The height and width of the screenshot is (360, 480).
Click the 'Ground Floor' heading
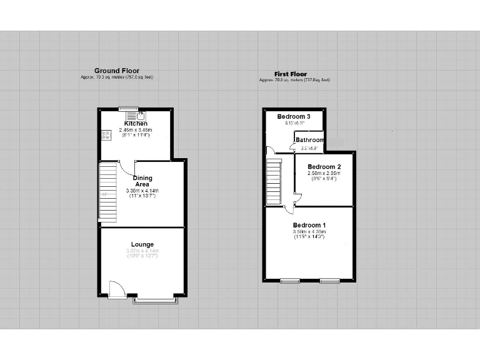click(x=117, y=71)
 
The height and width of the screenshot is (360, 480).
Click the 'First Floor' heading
click(x=291, y=74)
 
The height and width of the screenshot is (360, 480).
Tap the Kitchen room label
click(x=136, y=124)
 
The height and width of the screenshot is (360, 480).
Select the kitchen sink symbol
click(x=136, y=115)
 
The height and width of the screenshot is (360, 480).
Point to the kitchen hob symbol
click(x=104, y=134)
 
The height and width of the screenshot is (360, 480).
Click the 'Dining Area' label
click(x=142, y=181)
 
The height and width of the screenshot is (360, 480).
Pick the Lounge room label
click(x=142, y=244)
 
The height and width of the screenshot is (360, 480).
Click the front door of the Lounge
click(x=117, y=290)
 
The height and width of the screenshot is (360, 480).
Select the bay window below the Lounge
click(x=156, y=301)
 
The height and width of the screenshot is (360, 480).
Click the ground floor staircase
click(x=108, y=191)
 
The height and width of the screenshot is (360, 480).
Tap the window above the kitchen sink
click(x=129, y=109)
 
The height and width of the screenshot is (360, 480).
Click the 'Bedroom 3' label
click(x=294, y=117)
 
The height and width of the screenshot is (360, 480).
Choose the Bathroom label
click(x=310, y=140)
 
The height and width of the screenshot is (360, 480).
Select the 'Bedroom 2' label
click(x=324, y=167)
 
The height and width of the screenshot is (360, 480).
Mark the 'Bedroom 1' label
click(x=309, y=225)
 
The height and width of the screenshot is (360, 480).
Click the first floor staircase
click(x=274, y=181)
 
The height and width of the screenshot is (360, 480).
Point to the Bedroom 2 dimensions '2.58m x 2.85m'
click(x=324, y=173)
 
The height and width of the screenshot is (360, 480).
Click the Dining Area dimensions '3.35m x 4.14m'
click(x=142, y=191)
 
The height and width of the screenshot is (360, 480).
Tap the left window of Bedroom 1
click(x=290, y=281)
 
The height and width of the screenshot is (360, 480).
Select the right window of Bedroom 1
click(x=329, y=281)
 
